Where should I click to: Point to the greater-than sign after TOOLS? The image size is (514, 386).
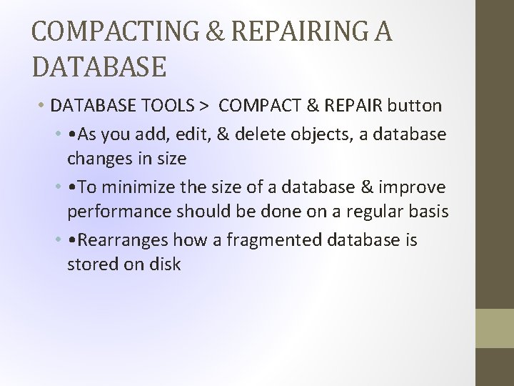pos(204,107)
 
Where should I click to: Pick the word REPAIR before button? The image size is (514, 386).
pos(353,106)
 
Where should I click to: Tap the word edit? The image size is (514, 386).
pos(173,134)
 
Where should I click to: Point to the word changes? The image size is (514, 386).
pos(98,158)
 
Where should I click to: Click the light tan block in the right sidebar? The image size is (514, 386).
pos(494,328)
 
